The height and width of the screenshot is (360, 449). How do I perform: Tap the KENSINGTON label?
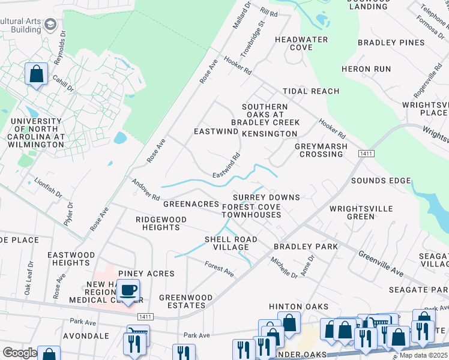click(x=270, y=133)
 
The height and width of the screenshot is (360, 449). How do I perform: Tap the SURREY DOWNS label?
click(x=266, y=197)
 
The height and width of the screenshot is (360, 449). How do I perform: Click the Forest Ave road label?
click(x=219, y=268)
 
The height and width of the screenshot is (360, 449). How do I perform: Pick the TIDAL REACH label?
click(x=311, y=91)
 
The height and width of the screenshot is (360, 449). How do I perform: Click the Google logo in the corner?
click(x=19, y=353)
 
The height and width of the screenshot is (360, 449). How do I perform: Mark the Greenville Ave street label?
click(x=381, y=263)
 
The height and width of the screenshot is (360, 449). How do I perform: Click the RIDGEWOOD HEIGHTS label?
click(x=161, y=223)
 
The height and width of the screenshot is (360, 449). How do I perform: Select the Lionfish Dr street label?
click(x=47, y=188)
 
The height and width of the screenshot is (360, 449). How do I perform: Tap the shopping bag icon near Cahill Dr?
click(x=36, y=75)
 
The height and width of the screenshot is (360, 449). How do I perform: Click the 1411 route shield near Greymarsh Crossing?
click(x=366, y=154)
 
